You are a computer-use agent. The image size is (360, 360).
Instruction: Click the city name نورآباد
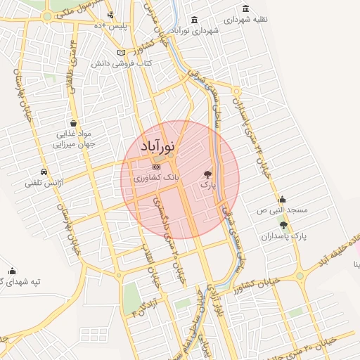coord(158,147)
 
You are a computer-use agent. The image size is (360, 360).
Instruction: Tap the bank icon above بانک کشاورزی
coord(156,167)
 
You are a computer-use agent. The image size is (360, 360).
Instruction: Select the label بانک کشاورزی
coord(157,179)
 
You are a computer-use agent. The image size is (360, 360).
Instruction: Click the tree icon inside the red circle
coord(207,172)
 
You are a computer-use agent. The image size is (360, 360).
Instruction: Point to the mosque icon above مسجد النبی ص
coord(282,199)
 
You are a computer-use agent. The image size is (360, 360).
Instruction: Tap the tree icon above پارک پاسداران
coord(283,225)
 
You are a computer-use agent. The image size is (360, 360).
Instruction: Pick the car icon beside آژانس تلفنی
coord(44,172)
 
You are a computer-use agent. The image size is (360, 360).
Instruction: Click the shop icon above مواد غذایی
coord(74,122)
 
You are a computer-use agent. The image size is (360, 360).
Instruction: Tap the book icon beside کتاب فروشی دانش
coord(121,53)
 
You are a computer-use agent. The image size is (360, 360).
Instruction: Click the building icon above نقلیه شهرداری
coord(245,8)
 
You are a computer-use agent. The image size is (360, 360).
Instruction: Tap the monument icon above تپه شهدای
coord(12,271)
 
